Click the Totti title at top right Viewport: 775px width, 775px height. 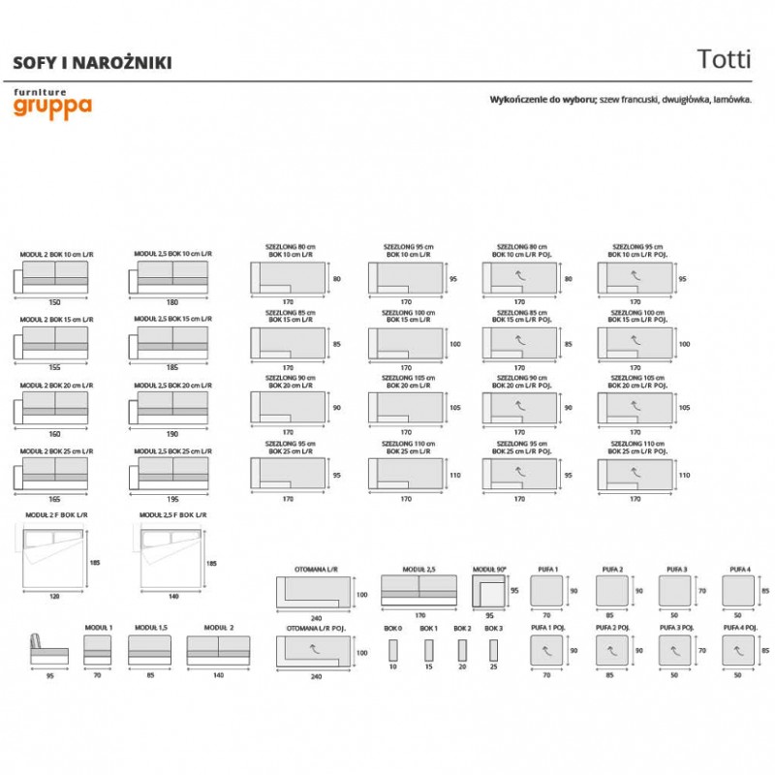pyautogui.click(x=724, y=57)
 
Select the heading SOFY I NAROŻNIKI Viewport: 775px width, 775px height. pyautogui.click(x=91, y=62)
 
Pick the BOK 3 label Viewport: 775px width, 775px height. pyautogui.click(x=494, y=628)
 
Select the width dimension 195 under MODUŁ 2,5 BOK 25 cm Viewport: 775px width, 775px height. pyautogui.click(x=172, y=498)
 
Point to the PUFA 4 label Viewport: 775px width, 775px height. pyautogui.click(x=740, y=569)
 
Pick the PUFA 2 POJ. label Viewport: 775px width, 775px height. pyautogui.click(x=610, y=628)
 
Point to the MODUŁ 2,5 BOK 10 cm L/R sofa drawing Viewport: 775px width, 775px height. pyautogui.click(x=172, y=277)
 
